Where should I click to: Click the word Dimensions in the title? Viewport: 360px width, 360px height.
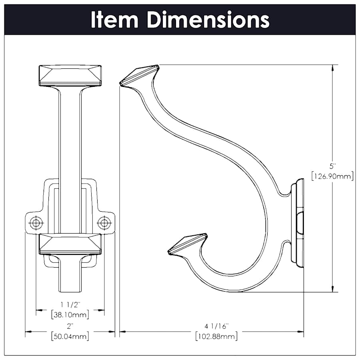[x=208, y=20]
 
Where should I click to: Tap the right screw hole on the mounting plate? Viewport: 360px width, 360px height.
[x=104, y=222]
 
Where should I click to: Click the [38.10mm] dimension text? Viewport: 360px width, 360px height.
[x=70, y=314]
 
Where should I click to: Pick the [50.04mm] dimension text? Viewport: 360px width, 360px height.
[x=70, y=336]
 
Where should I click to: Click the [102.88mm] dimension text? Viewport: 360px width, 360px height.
[x=216, y=336]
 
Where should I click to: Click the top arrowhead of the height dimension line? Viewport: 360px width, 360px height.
[x=332, y=68]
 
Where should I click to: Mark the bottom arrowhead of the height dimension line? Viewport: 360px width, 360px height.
[x=332, y=289]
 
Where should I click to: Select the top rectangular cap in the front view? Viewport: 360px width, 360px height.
[x=70, y=75]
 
